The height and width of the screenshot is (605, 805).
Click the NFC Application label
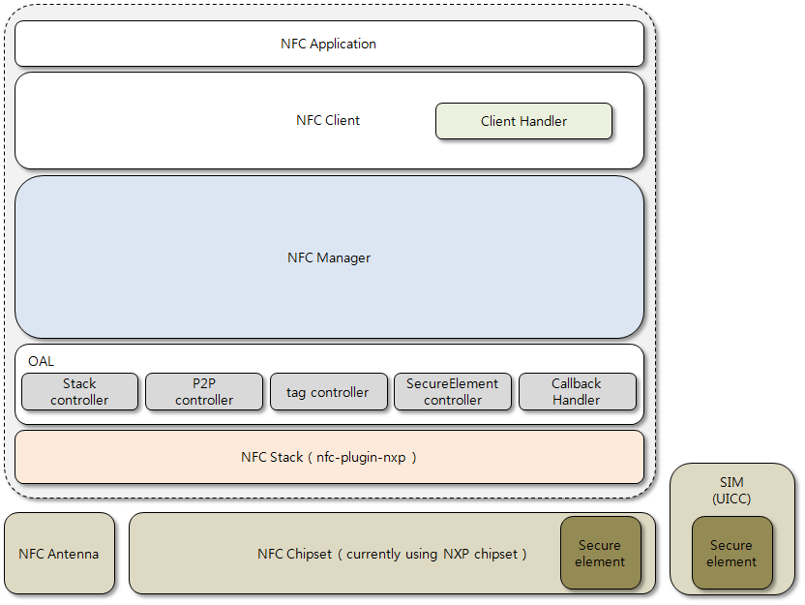coord(328,44)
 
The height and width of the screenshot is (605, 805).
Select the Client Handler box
coord(523,121)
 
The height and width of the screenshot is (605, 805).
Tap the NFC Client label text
coord(328,121)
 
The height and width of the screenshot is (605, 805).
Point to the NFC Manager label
coord(329,257)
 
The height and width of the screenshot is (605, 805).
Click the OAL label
coord(41,361)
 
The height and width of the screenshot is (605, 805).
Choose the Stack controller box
coord(79,392)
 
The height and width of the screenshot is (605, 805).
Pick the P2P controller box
coord(204,392)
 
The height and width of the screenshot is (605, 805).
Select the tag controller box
coord(328,392)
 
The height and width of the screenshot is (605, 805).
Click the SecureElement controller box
coord(452,392)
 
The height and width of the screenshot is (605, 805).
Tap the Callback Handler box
coord(577,392)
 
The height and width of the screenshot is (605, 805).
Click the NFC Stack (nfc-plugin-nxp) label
coord(329,457)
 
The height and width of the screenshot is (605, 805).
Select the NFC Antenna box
coord(59,554)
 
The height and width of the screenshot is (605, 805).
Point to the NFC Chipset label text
coord(392,554)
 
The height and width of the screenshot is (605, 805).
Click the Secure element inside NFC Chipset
coord(601,553)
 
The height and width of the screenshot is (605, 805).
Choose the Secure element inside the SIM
coord(731,553)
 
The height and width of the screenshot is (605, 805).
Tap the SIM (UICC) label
coord(731,490)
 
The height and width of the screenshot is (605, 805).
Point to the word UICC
coord(731,499)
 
